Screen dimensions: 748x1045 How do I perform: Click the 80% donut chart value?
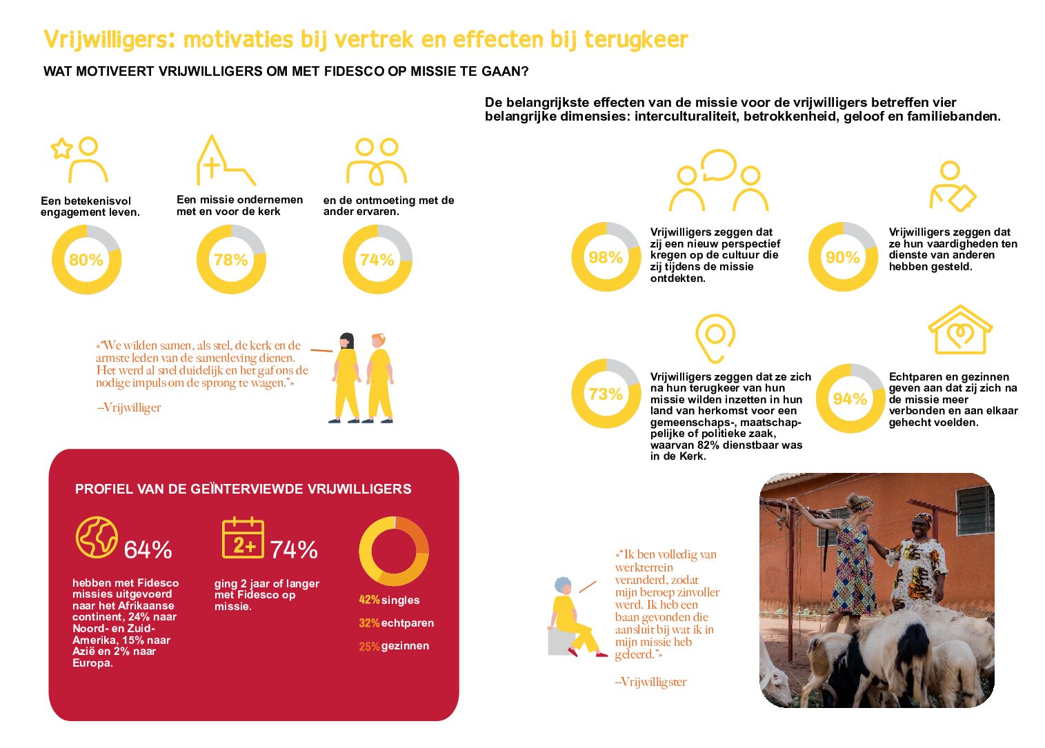(86, 260)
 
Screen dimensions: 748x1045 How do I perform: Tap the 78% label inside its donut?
(230, 260)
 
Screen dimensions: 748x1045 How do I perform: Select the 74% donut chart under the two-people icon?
(377, 260)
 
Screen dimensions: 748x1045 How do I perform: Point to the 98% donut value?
(606, 257)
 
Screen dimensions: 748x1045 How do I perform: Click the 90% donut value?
(842, 257)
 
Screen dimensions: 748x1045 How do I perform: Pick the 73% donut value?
(606, 394)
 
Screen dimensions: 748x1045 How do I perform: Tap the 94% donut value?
(849, 398)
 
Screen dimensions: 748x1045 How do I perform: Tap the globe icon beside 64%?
(97, 537)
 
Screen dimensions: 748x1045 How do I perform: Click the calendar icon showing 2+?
(243, 538)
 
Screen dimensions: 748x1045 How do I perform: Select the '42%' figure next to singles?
(369, 600)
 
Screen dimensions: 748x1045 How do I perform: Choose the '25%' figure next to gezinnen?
(369, 647)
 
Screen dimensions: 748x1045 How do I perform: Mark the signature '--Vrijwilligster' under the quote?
(650, 682)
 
